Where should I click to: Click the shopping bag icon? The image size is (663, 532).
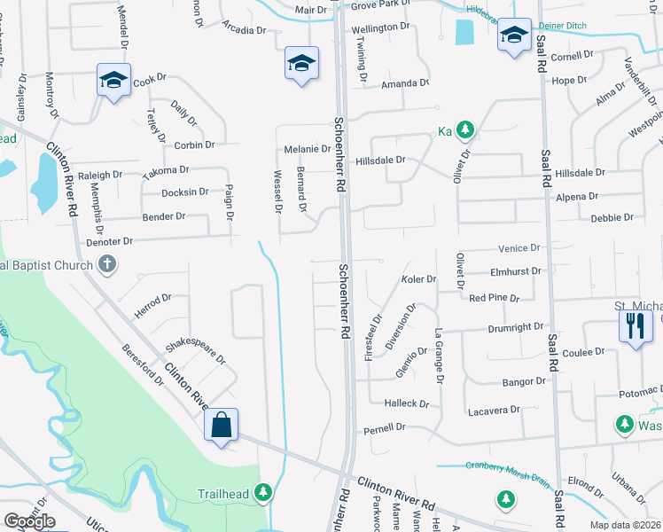pos(221,424)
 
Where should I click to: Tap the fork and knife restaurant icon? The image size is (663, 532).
pos(636,325)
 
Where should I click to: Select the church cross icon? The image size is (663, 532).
pos(106,263)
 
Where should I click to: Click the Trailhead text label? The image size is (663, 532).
pos(224,492)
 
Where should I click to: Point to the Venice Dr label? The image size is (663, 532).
pos(519,248)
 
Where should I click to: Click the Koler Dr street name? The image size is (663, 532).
pos(418,279)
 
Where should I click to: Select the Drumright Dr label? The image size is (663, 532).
pos(515,328)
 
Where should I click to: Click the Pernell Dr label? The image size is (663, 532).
pos(385,427)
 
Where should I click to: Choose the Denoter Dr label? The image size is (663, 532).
pos(109,241)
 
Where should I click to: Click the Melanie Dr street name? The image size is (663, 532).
pos(307,149)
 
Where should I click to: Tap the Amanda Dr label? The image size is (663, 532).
pos(405,83)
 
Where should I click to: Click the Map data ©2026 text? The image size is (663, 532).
pos(625,525)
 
